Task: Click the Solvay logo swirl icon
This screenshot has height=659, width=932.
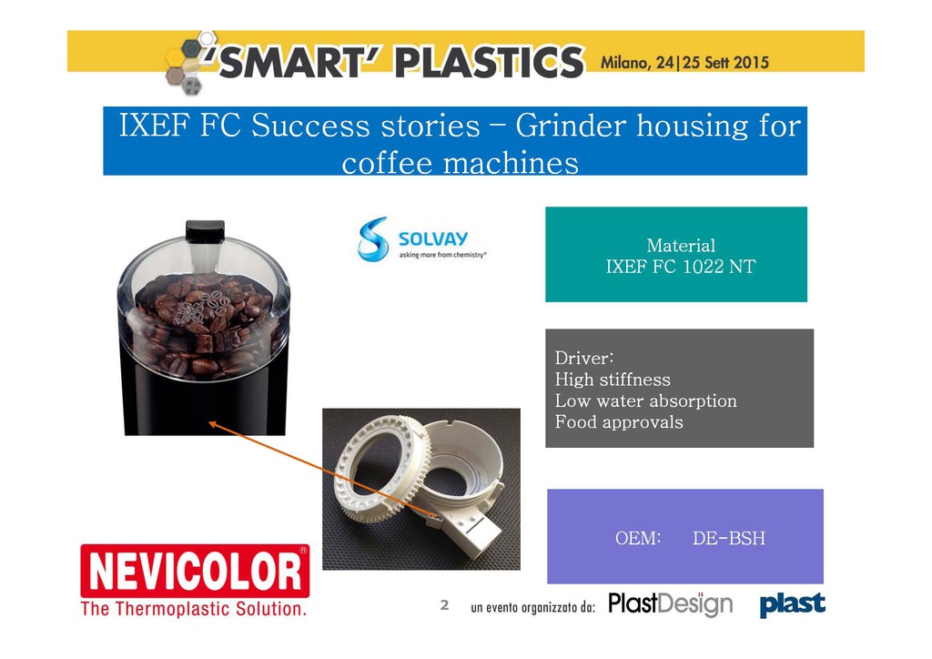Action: click(x=373, y=238)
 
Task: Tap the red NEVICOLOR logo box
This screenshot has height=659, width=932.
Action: click(x=195, y=571)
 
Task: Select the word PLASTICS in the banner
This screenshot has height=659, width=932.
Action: click(x=490, y=63)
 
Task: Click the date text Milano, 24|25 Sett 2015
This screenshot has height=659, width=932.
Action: click(x=684, y=63)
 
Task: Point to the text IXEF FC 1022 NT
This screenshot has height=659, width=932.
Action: click(x=681, y=266)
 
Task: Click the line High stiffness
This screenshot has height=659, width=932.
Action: click(x=613, y=380)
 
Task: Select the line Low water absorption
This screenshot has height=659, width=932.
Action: click(x=646, y=400)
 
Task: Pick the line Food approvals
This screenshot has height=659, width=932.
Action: click(x=619, y=422)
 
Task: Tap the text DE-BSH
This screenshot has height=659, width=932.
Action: click(x=729, y=538)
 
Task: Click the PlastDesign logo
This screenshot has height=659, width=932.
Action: click(x=671, y=604)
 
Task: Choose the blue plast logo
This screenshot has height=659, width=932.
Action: click(x=793, y=604)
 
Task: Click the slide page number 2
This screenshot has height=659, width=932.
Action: click(x=444, y=605)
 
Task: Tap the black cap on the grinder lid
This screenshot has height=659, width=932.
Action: click(x=205, y=231)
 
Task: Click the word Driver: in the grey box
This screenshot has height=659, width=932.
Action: click(x=584, y=358)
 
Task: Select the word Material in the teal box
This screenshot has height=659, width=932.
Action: click(x=681, y=246)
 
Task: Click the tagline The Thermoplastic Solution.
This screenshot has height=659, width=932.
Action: click(x=194, y=609)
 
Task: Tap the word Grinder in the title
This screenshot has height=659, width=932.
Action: click(x=571, y=126)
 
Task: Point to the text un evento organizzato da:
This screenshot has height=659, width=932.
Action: click(x=532, y=607)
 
